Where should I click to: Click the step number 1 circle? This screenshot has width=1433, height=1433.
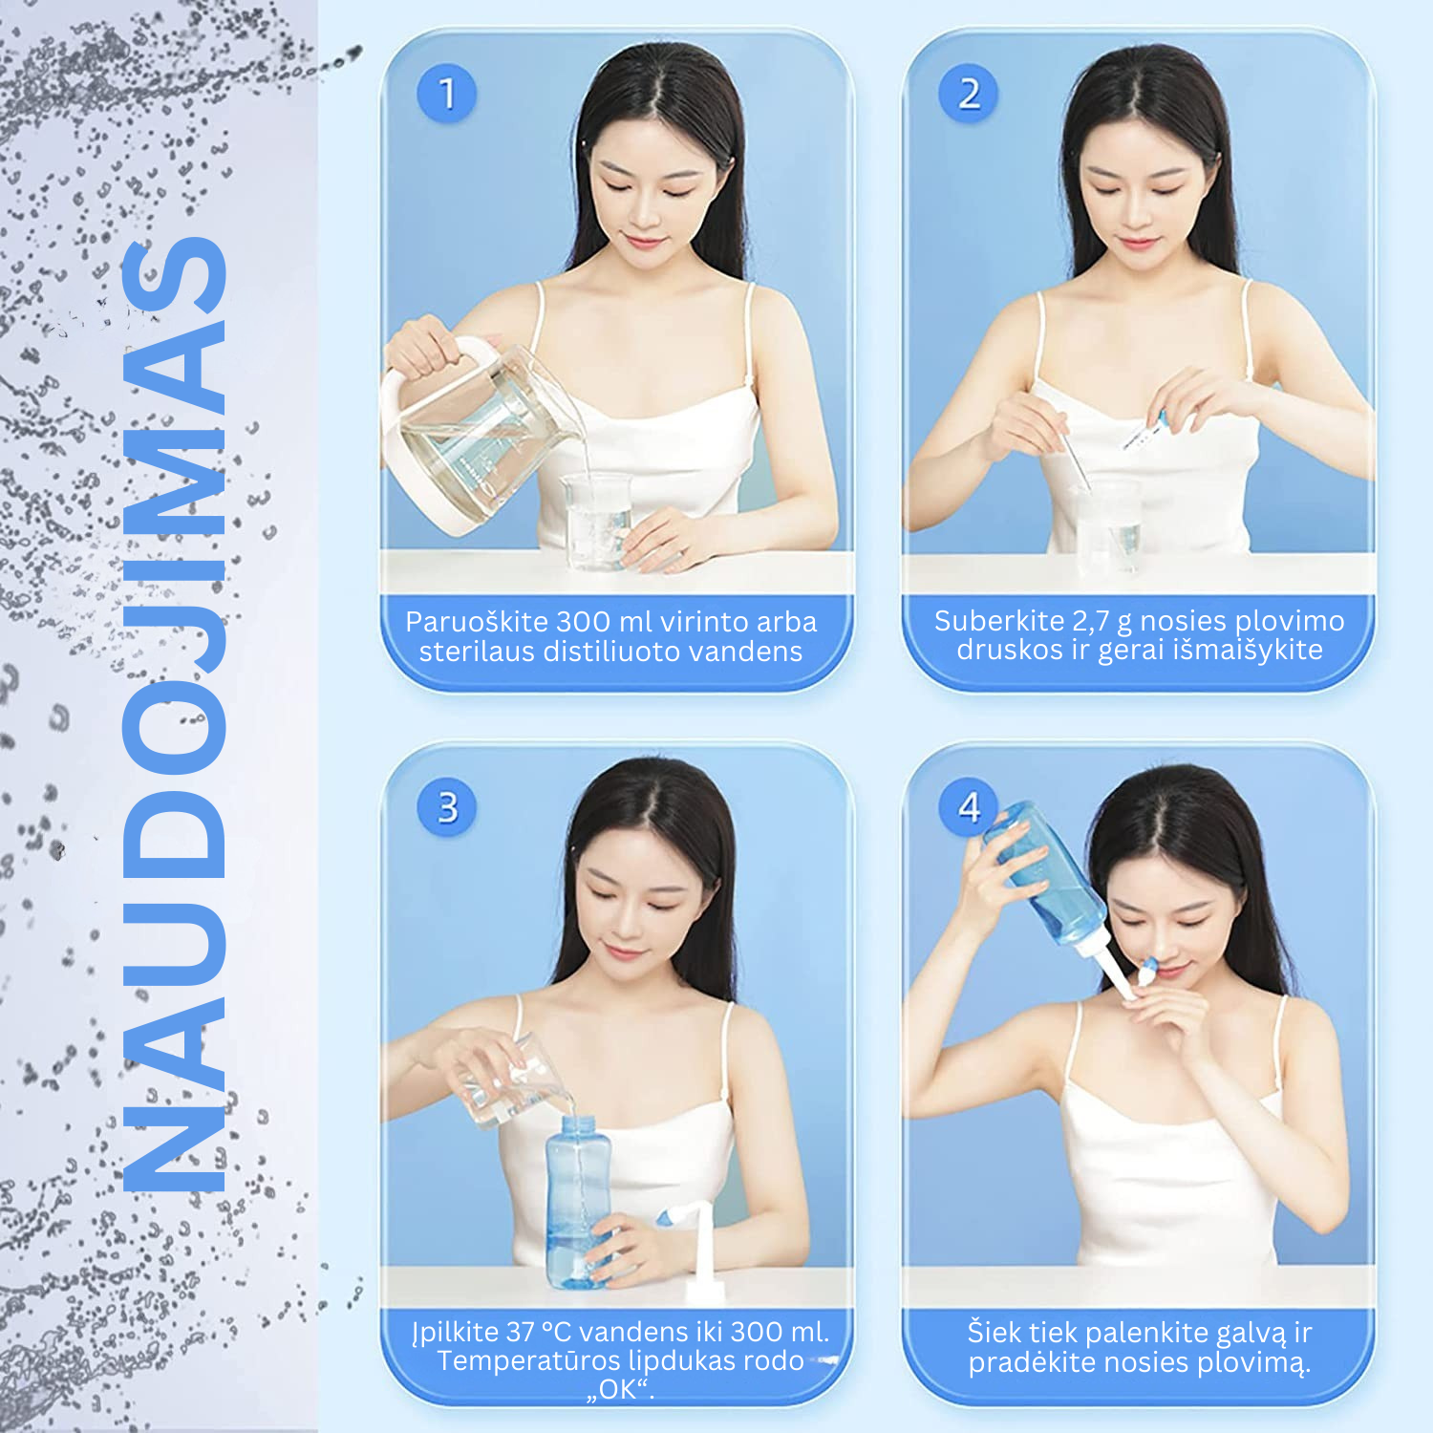pyautogui.click(x=446, y=94)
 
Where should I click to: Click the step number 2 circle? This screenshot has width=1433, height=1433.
pyautogui.click(x=968, y=94)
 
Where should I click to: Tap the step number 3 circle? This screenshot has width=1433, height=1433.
pyautogui.click(x=446, y=807)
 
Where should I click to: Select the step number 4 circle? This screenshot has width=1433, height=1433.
pyautogui.click(x=968, y=807)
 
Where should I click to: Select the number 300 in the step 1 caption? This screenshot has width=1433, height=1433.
pyautogui.click(x=584, y=622)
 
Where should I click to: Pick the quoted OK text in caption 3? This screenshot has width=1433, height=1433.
pyautogui.click(x=620, y=1389)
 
